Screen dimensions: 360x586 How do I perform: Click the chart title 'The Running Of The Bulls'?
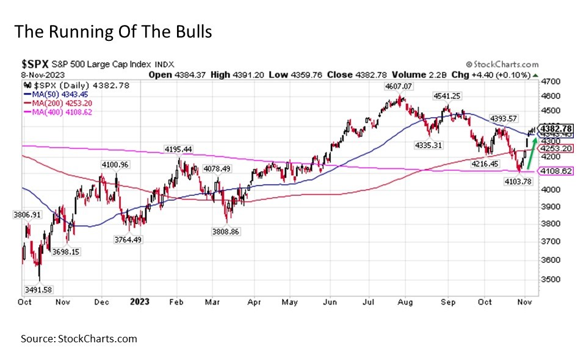point(113,32)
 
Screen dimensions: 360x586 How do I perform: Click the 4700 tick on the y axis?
point(552,81)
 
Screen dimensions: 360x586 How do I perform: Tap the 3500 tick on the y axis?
point(552,279)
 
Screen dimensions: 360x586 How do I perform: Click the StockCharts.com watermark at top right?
point(502,64)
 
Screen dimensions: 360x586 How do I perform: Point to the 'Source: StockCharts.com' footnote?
point(79,339)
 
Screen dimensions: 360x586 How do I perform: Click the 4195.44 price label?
point(178,149)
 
